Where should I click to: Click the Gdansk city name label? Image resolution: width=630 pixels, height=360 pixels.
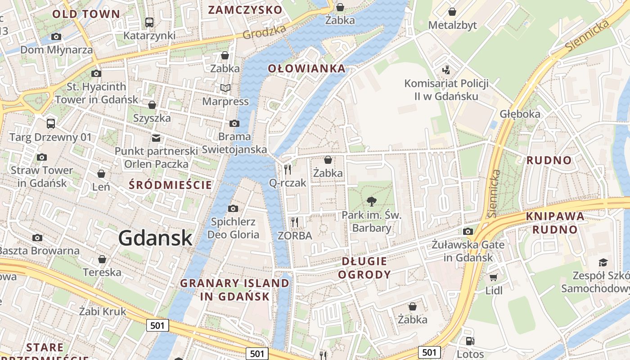pyautogui.click(x=156, y=238)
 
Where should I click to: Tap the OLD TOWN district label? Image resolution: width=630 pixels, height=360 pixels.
pyautogui.click(x=86, y=14)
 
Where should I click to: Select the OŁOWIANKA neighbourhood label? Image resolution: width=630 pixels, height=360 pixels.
pyautogui.click(x=306, y=68)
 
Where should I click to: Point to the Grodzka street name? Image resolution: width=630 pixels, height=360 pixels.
pyautogui.click(x=265, y=31)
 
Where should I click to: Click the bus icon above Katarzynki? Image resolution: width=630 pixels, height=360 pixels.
pyautogui.click(x=149, y=22)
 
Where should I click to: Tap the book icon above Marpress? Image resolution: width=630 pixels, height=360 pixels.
pyautogui.click(x=225, y=88)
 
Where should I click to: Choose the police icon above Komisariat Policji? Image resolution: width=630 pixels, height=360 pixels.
pyautogui.click(x=446, y=70)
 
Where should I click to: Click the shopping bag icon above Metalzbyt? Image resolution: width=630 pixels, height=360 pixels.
pyautogui.click(x=452, y=12)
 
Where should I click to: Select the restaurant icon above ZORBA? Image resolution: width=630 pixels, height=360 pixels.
pyautogui.click(x=295, y=222)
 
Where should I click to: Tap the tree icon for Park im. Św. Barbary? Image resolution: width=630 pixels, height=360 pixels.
pyautogui.click(x=372, y=201)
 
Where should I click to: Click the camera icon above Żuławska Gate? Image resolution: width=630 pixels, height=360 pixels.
pyautogui.click(x=468, y=231)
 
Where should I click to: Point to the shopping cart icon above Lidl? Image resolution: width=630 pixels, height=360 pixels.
pyautogui.click(x=494, y=277)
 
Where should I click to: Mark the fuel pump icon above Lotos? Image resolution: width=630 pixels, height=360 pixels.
pyautogui.click(x=470, y=341)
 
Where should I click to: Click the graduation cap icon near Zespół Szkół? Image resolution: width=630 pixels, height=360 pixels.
pyautogui.click(x=603, y=262)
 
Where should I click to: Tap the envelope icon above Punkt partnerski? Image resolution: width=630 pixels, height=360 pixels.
pyautogui.click(x=156, y=138)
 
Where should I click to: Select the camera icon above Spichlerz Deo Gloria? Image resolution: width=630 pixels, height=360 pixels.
pyautogui.click(x=233, y=208)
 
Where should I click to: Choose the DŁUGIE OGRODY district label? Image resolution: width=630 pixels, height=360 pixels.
pyautogui.click(x=364, y=268)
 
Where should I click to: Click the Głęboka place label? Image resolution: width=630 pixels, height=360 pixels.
pyautogui.click(x=520, y=114)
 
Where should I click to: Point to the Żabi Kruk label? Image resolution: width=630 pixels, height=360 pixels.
pyautogui.click(x=103, y=311)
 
